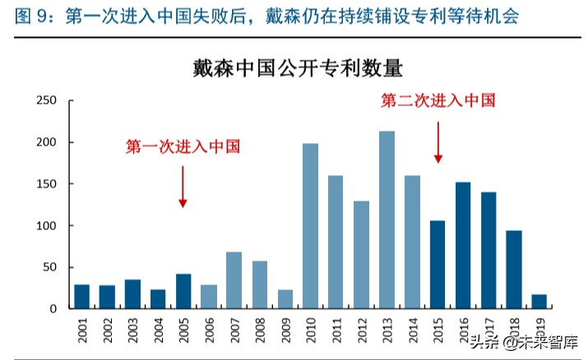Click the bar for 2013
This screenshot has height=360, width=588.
coord(387,219)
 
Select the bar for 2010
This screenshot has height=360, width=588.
coord(310,226)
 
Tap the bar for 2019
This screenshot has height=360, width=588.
coord(539,301)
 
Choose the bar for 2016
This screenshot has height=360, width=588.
coord(463,245)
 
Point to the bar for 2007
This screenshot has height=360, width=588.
coord(234,280)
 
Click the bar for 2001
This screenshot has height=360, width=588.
coord(81,296)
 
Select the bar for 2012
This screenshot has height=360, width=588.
coord(361,255)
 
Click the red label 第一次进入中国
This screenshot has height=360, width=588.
coord(183,147)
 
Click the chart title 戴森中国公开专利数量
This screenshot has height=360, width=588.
coord(298,67)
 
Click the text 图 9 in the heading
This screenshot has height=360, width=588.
coord(34,16)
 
